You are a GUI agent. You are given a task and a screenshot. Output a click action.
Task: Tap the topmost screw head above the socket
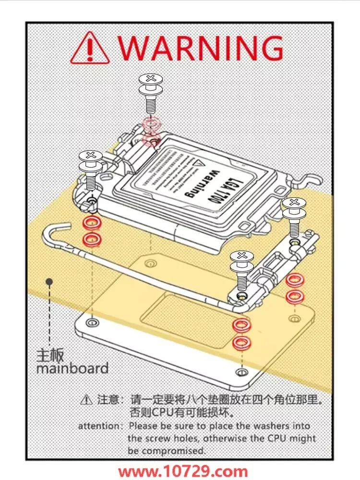[151, 78]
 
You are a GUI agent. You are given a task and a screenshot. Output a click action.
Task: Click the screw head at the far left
[90, 156]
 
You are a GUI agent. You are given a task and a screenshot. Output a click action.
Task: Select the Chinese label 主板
[50, 356]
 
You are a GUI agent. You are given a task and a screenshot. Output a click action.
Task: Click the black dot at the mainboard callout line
[48, 281]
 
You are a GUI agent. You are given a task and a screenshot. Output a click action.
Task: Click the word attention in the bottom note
[99, 426]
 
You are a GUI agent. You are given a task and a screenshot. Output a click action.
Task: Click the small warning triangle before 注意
[86, 399]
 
